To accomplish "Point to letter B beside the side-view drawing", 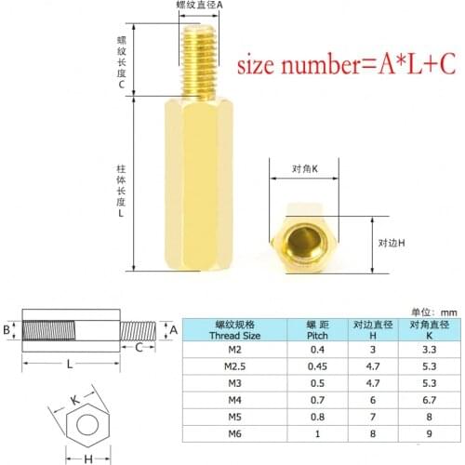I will [x=7, y=328].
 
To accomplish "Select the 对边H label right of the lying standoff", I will [x=393, y=242].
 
